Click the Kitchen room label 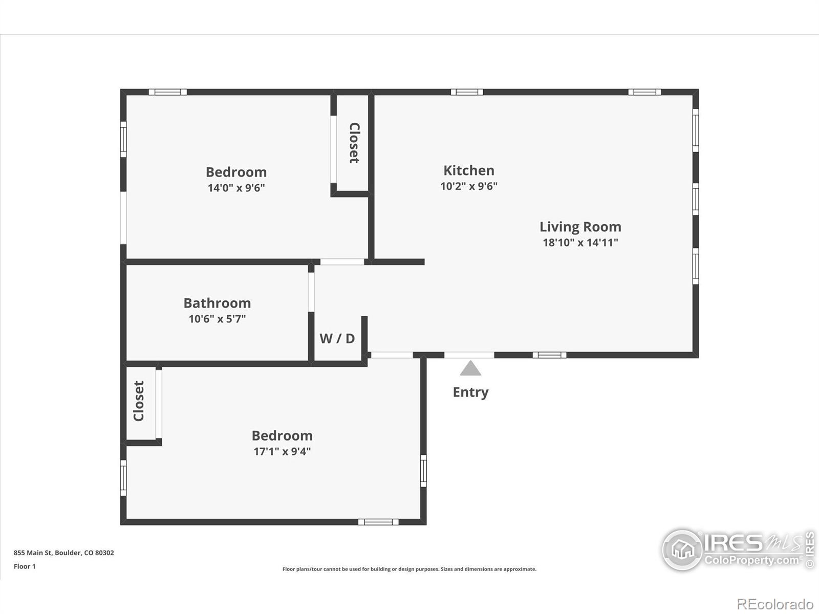click(469, 170)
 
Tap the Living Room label click(580, 227)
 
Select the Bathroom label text click(217, 303)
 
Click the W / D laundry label click(337, 339)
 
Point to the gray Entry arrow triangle click(470, 368)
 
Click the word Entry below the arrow click(470, 392)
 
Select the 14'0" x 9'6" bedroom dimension click(236, 187)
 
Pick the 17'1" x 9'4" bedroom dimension click(282, 451)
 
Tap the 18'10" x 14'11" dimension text click(580, 243)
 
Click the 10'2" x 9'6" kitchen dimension click(469, 186)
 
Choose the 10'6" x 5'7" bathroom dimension click(217, 319)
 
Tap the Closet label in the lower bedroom click(139, 401)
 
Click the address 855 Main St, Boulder click(64, 553)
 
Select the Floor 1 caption click(25, 566)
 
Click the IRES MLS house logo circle click(682, 550)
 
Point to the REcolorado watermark click(775, 604)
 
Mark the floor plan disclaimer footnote click(409, 569)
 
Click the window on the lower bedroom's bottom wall click(378, 522)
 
